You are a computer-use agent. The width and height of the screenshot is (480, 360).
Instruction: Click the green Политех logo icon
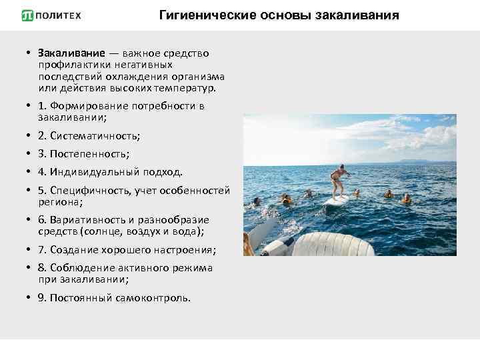point(28,15)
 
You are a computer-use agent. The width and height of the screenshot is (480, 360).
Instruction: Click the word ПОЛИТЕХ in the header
point(59,15)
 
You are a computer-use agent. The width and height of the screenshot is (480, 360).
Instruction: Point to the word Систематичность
point(95,136)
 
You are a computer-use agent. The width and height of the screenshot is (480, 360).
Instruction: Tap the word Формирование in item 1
point(91,106)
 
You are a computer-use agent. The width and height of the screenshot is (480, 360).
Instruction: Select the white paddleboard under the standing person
point(336,199)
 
